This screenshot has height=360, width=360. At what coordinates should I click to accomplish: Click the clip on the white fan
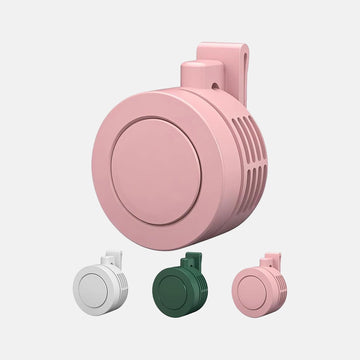coord(113,261)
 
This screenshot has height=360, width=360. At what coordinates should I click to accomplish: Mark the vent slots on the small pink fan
coord(281,291)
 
